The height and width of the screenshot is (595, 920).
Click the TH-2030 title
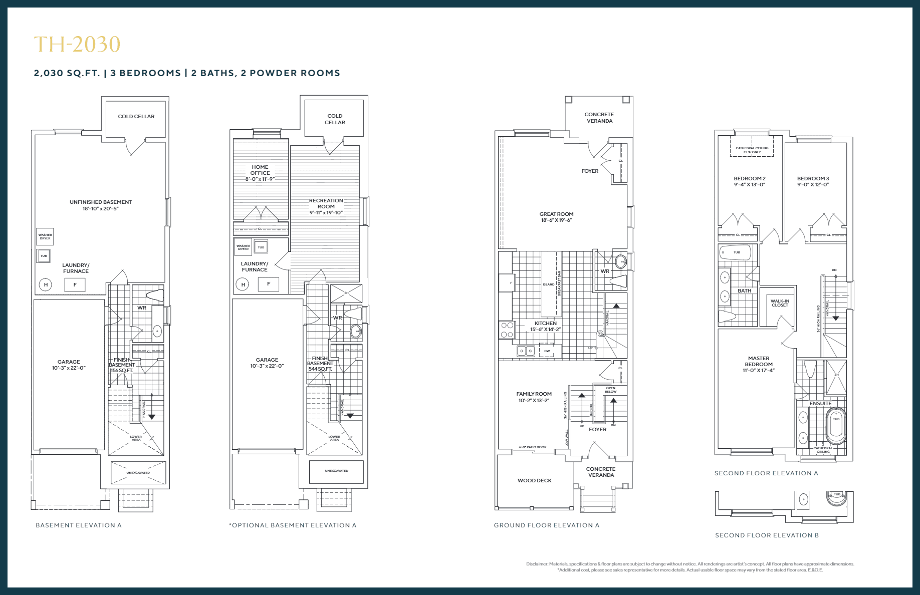coord(77,45)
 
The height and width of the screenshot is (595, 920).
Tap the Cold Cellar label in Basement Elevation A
coord(136,116)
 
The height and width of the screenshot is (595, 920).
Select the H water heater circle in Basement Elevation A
coord(46,285)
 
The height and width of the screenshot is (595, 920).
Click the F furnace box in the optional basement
coord(268,284)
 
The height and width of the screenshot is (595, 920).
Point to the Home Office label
coord(260,170)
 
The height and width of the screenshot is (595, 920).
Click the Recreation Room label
coord(326,203)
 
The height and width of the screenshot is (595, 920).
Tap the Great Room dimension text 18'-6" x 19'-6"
coord(556,220)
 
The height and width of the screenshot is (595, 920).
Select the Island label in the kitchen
coord(549,284)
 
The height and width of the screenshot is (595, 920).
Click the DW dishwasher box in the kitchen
coord(547,351)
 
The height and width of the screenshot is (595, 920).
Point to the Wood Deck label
coord(534,480)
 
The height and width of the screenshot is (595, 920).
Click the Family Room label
coord(534,394)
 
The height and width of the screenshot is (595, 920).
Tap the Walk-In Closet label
coord(780,303)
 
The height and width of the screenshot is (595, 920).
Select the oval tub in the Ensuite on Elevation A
coord(836,425)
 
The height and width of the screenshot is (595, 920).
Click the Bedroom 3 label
coord(813,179)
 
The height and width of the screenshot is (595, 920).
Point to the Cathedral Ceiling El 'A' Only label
coord(752,150)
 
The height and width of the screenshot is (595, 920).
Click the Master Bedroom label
coord(758,361)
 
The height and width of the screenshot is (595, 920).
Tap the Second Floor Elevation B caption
coord(767,535)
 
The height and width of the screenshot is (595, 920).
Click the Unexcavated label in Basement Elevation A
coord(138,473)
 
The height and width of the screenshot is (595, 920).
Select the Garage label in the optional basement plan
coord(267,360)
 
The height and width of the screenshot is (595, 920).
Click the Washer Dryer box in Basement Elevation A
coord(45,236)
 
